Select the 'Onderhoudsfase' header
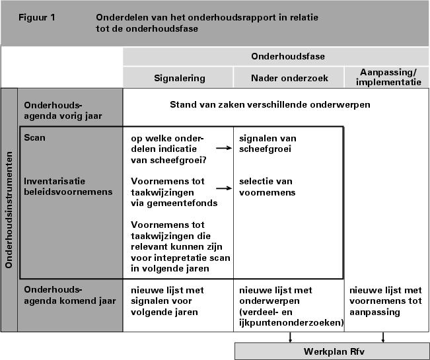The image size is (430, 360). (x=287, y=57)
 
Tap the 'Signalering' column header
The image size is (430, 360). (x=179, y=78)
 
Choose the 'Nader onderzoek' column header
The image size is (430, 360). (x=288, y=78)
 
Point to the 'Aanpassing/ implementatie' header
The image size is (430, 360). (x=386, y=77)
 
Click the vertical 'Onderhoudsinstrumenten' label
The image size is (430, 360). (x=9, y=210)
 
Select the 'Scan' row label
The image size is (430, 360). (x=34, y=138)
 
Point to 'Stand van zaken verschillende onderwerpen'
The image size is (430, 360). (x=269, y=104)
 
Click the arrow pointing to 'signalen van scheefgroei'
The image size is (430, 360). (x=228, y=149)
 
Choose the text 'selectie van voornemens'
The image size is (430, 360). (x=266, y=186)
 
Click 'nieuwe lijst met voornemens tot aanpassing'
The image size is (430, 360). (x=384, y=301)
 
